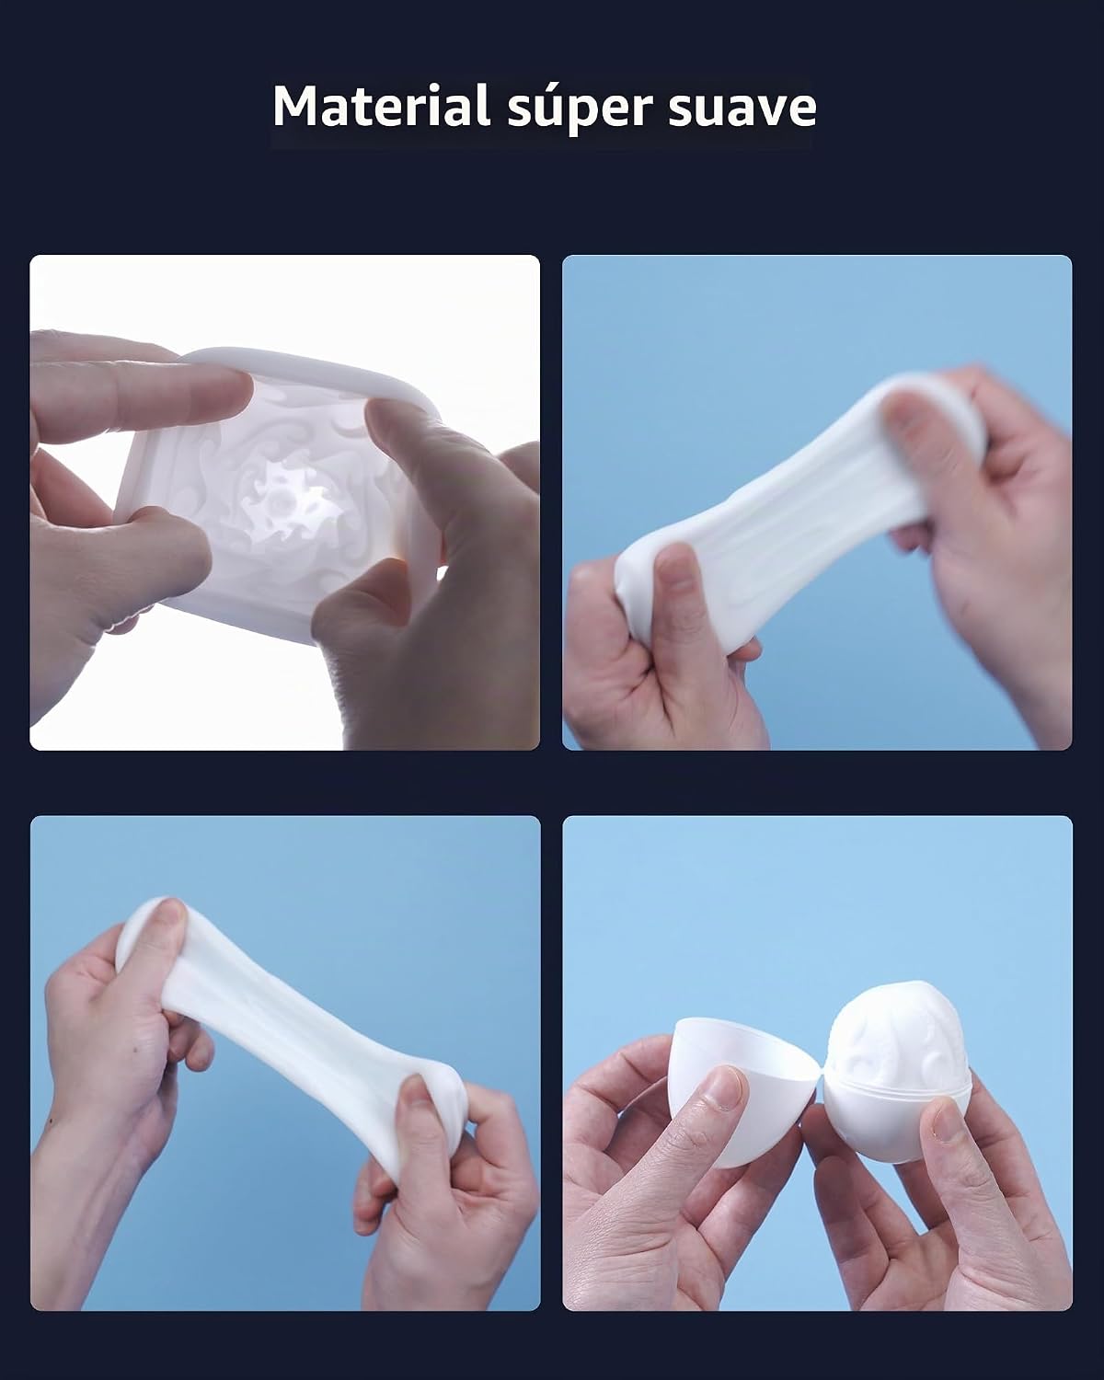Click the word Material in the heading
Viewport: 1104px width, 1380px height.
382,106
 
